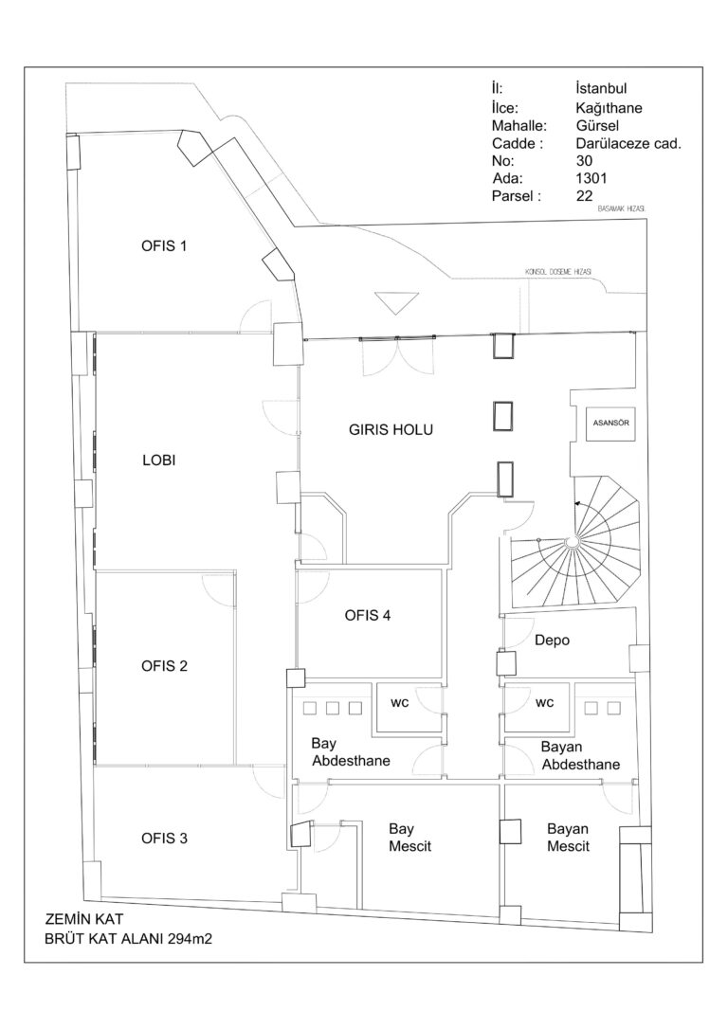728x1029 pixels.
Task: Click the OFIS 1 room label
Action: coord(163,246)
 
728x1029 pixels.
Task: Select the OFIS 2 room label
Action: coord(163,666)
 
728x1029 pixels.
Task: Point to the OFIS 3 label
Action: coord(163,838)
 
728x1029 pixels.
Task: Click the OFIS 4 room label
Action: coord(368,615)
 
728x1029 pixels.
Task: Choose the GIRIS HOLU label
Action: coord(391,429)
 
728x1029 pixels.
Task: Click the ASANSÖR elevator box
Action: coord(611,422)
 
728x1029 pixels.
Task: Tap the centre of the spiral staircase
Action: coord(573,541)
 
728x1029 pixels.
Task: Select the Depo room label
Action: coord(552,641)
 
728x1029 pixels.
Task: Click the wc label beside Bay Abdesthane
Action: coord(400,703)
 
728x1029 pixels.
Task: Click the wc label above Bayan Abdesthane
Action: coord(544,703)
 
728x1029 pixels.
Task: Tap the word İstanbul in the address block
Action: coord(608,90)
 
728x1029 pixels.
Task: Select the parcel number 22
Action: coord(584,197)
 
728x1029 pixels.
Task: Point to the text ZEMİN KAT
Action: coord(84,919)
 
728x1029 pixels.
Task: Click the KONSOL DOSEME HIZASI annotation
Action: coord(558,272)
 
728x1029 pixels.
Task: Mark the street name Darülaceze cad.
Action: coord(628,144)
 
